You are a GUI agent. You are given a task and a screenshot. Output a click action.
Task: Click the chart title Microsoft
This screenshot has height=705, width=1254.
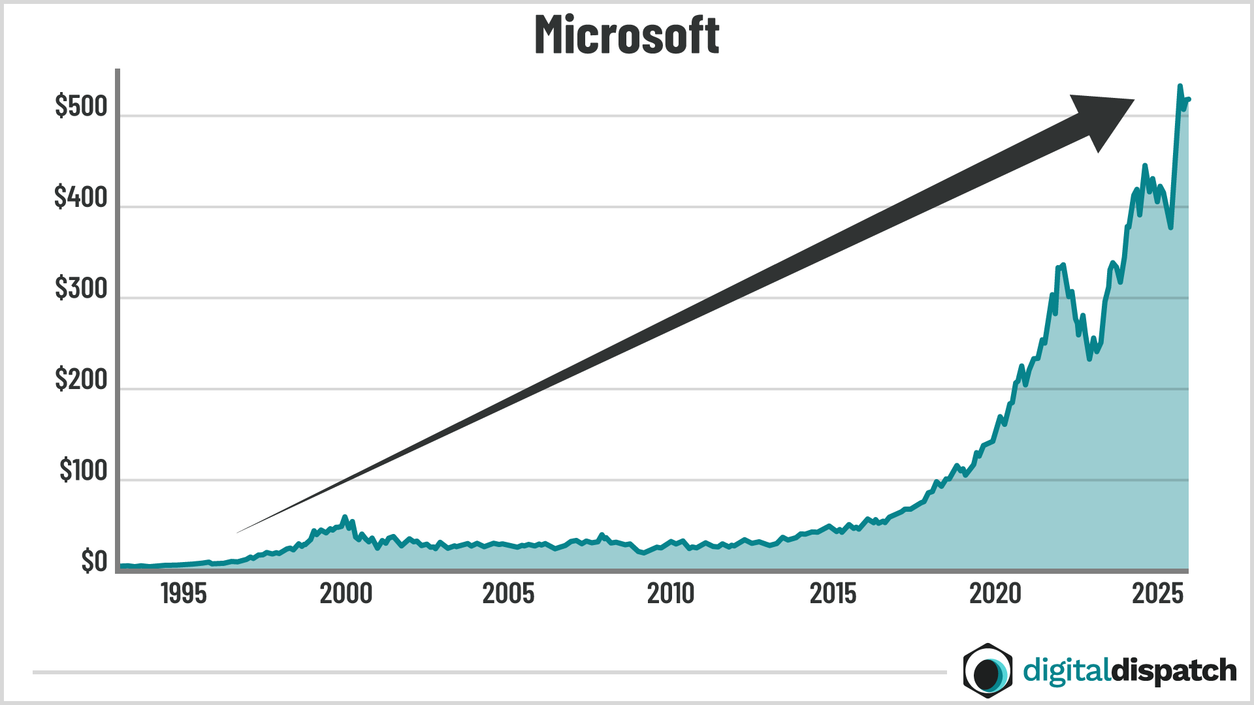coord(627,35)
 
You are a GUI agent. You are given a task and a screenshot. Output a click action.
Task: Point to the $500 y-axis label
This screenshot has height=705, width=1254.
coord(81,106)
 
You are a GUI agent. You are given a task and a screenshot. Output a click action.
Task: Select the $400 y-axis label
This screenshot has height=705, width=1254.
coord(81,197)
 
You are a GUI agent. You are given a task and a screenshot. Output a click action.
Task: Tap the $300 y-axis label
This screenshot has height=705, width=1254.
coord(81,289)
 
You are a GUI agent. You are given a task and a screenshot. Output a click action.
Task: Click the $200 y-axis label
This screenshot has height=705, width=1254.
coord(81,379)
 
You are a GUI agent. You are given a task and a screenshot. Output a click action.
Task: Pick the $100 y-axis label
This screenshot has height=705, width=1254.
coord(83,471)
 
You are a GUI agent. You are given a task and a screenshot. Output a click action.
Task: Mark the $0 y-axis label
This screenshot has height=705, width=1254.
coord(94,561)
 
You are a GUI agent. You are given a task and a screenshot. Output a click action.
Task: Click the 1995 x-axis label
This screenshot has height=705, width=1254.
coord(184,594)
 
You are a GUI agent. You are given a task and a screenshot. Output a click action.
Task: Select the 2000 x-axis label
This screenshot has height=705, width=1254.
coord(346,594)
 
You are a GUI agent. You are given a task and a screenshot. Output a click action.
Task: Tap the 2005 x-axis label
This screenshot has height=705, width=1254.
coord(508,594)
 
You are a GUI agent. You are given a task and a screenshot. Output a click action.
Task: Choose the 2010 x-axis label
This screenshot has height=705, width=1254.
coord(670,594)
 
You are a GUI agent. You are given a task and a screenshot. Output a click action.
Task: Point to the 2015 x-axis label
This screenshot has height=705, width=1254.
coord(833,594)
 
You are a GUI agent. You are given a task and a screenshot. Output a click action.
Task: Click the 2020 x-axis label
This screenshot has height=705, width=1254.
coord(995,594)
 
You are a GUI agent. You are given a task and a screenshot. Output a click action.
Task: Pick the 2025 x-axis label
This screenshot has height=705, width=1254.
coord(1157,594)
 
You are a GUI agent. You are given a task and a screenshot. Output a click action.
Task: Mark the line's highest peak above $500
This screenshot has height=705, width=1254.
coord(1180,86)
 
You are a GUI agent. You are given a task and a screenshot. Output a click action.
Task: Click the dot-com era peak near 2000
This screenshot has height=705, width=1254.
coord(345,517)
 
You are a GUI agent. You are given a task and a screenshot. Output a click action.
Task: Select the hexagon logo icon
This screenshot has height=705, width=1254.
coord(988,670)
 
